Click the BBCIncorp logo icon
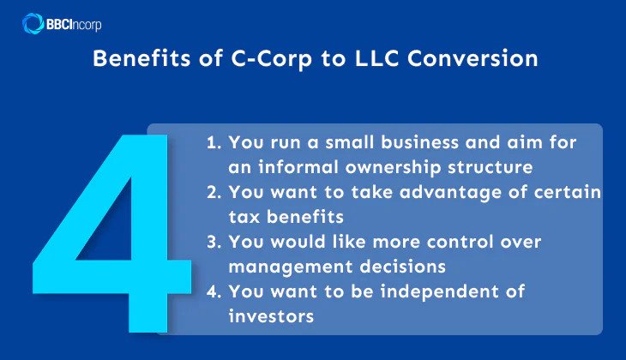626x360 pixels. (33, 22)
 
